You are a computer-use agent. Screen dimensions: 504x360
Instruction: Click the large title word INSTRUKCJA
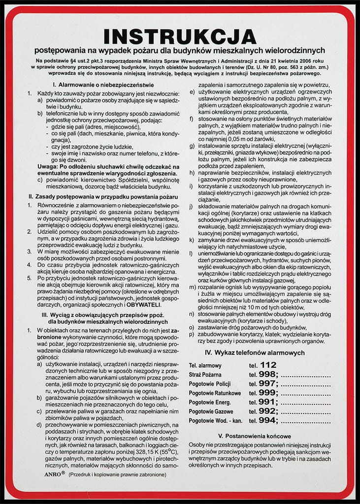(x=180, y=37)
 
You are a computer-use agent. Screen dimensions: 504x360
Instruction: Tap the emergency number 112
(x=268, y=365)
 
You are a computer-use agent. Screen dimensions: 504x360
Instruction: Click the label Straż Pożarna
(x=205, y=375)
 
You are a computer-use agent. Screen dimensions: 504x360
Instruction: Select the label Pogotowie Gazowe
(x=212, y=411)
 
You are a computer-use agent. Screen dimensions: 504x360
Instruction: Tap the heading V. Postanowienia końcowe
(x=255, y=436)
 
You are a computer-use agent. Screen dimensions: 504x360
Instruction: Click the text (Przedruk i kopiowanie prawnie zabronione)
(x=117, y=474)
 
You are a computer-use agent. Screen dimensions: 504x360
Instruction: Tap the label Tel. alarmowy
(x=205, y=366)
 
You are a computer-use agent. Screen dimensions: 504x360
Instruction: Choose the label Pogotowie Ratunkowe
(x=215, y=393)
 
